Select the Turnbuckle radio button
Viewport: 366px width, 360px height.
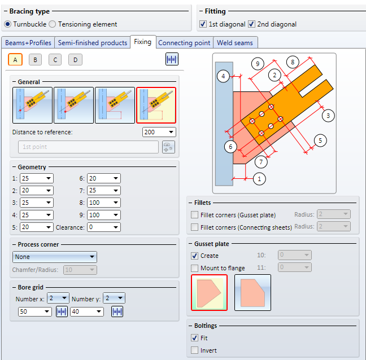(x=8, y=24)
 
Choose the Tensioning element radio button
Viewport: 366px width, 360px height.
(x=53, y=24)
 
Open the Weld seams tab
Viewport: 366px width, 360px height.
(x=236, y=43)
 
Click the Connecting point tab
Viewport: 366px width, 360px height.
(x=184, y=43)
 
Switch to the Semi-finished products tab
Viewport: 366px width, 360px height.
(x=93, y=43)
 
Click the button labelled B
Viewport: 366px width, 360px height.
(x=35, y=60)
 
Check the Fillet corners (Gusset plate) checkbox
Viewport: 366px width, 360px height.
(x=195, y=214)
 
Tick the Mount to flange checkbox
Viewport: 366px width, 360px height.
(x=195, y=268)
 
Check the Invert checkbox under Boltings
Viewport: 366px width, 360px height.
(x=195, y=350)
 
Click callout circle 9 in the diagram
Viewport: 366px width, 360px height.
(x=257, y=64)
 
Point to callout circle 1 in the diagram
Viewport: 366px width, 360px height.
(x=259, y=179)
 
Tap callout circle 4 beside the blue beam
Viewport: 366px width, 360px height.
(x=224, y=76)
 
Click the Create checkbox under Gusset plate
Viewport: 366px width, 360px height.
(x=195, y=256)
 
